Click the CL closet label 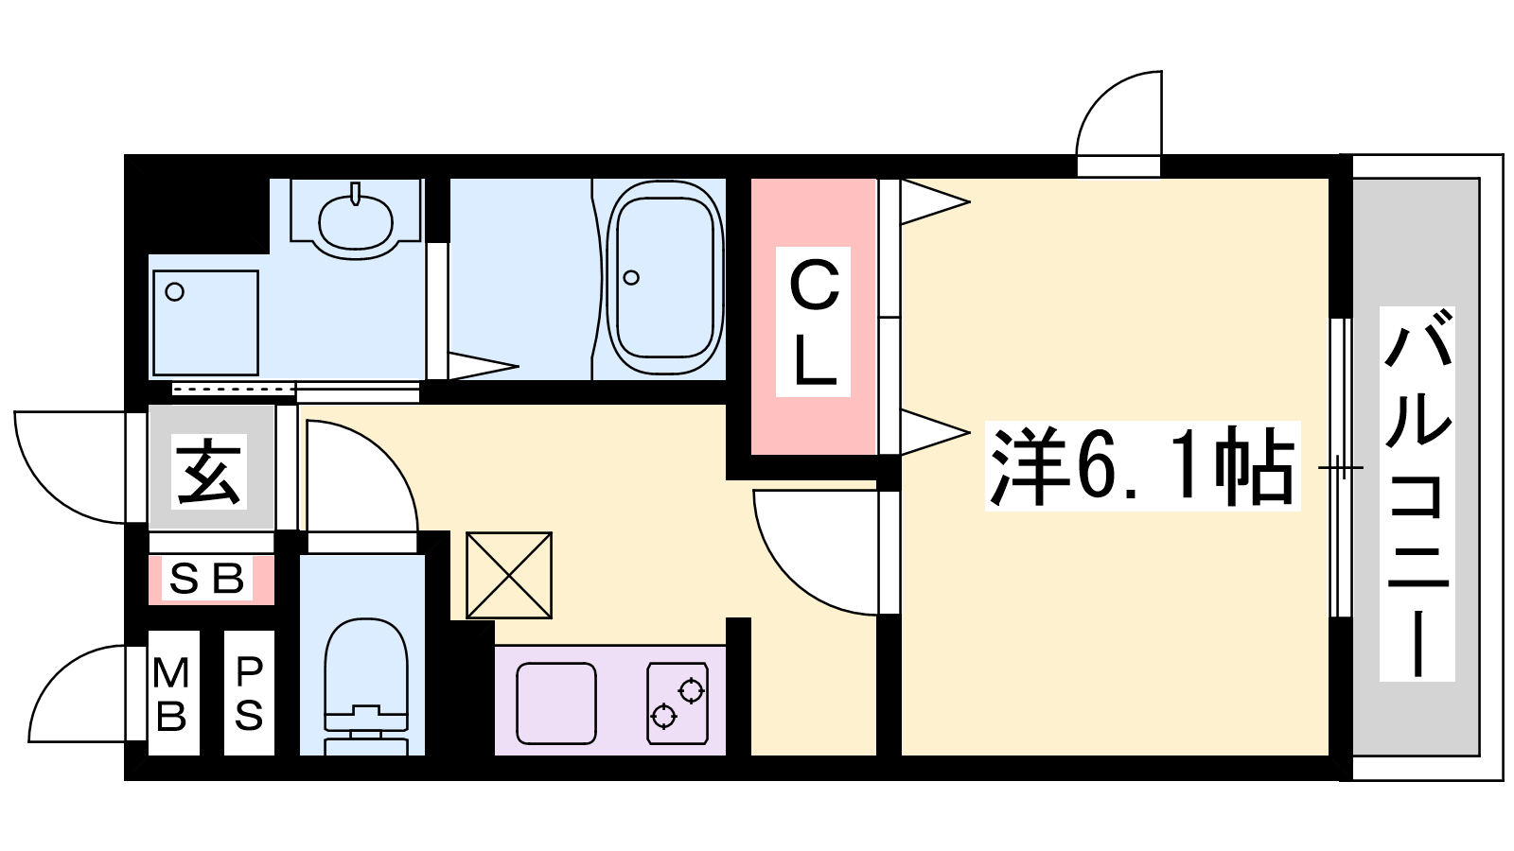point(813,322)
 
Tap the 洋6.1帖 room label point(1142,466)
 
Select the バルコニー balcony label point(1417,494)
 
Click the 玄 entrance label point(208,471)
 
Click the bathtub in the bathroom point(664,278)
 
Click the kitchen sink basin point(556,703)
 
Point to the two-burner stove point(678,703)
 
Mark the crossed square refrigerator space point(509,576)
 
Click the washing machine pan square point(206,322)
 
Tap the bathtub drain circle point(631,278)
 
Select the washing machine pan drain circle point(175,292)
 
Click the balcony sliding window point(1341,467)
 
